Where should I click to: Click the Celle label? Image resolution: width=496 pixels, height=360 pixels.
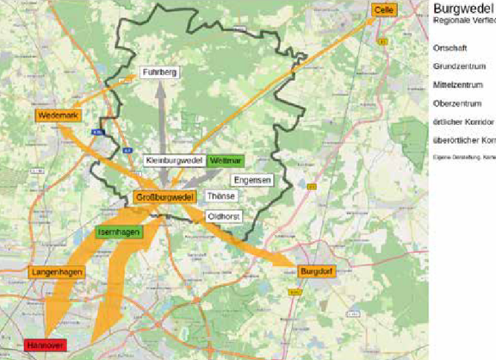tap(384, 9)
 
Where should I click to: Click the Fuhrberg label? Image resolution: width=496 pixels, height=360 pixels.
tap(159, 72)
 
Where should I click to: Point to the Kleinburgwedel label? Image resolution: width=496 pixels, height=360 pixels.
tap(173, 161)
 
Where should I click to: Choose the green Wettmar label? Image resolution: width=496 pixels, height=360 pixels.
tap(226, 161)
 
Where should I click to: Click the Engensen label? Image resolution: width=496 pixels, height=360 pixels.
tap(254, 180)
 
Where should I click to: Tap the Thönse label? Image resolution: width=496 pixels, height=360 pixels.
tap(220, 196)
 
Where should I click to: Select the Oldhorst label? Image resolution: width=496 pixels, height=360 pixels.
tap(224, 216)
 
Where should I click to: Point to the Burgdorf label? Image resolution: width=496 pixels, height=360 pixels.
tap(315, 272)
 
